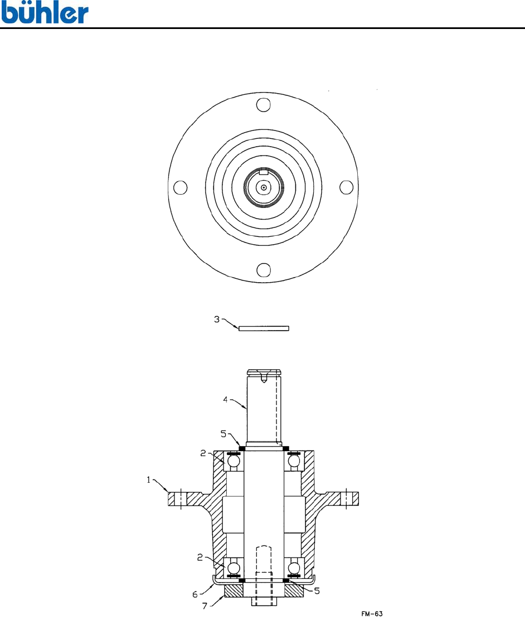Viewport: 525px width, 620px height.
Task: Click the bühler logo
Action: (44, 13)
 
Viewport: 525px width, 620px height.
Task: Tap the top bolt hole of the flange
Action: (263, 105)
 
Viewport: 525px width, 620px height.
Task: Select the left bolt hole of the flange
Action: (180, 187)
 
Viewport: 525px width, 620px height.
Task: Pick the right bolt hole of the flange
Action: (346, 187)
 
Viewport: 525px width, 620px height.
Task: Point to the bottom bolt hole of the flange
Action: (264, 270)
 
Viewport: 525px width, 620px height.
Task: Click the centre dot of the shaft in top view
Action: (263, 188)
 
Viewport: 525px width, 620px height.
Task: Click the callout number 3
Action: (217, 319)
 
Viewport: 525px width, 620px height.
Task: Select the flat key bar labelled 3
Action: (264, 328)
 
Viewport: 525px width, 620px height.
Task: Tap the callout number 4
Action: (225, 400)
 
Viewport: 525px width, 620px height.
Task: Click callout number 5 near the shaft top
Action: (223, 434)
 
